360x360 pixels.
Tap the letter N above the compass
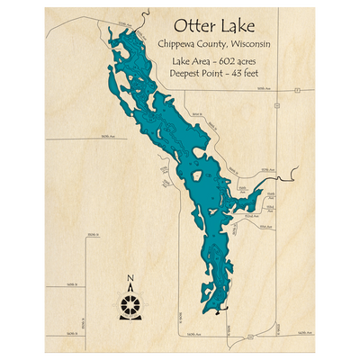click(x=130, y=277)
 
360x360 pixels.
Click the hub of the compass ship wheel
click(x=130, y=299)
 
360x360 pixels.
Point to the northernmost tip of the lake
click(x=109, y=30)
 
